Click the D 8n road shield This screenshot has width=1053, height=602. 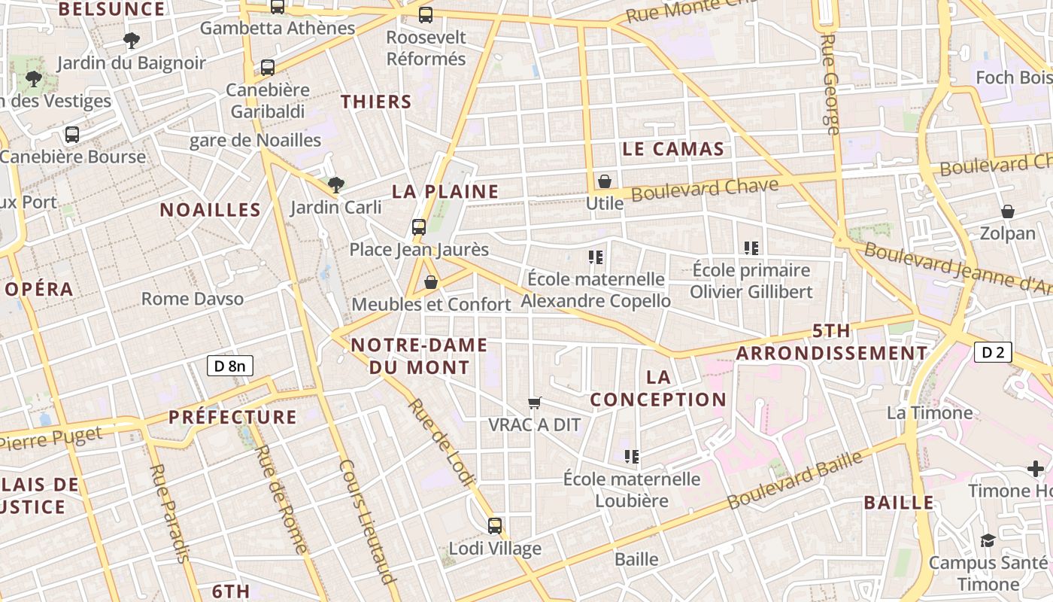tap(230, 366)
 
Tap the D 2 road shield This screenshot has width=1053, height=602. tap(993, 351)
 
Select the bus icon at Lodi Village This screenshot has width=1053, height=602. tap(495, 526)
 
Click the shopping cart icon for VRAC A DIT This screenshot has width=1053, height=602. tap(535, 403)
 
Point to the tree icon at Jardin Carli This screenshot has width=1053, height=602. tap(336, 184)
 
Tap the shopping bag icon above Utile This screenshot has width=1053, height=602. tap(604, 181)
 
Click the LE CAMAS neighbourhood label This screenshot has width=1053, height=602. tap(673, 149)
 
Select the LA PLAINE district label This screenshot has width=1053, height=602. tap(445, 192)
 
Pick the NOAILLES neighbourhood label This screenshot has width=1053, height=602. tap(210, 210)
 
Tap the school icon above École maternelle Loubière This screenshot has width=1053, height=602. tap(632, 456)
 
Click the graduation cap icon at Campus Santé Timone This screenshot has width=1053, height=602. tap(988, 540)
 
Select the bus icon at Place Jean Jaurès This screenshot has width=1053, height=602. tap(419, 227)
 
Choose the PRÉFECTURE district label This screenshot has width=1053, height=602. tap(232, 417)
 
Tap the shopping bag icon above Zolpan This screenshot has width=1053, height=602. tap(1007, 211)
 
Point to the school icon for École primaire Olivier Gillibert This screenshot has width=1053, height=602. tap(751, 248)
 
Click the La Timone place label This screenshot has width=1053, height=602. tap(930, 412)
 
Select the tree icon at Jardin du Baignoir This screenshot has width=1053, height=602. tap(132, 41)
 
